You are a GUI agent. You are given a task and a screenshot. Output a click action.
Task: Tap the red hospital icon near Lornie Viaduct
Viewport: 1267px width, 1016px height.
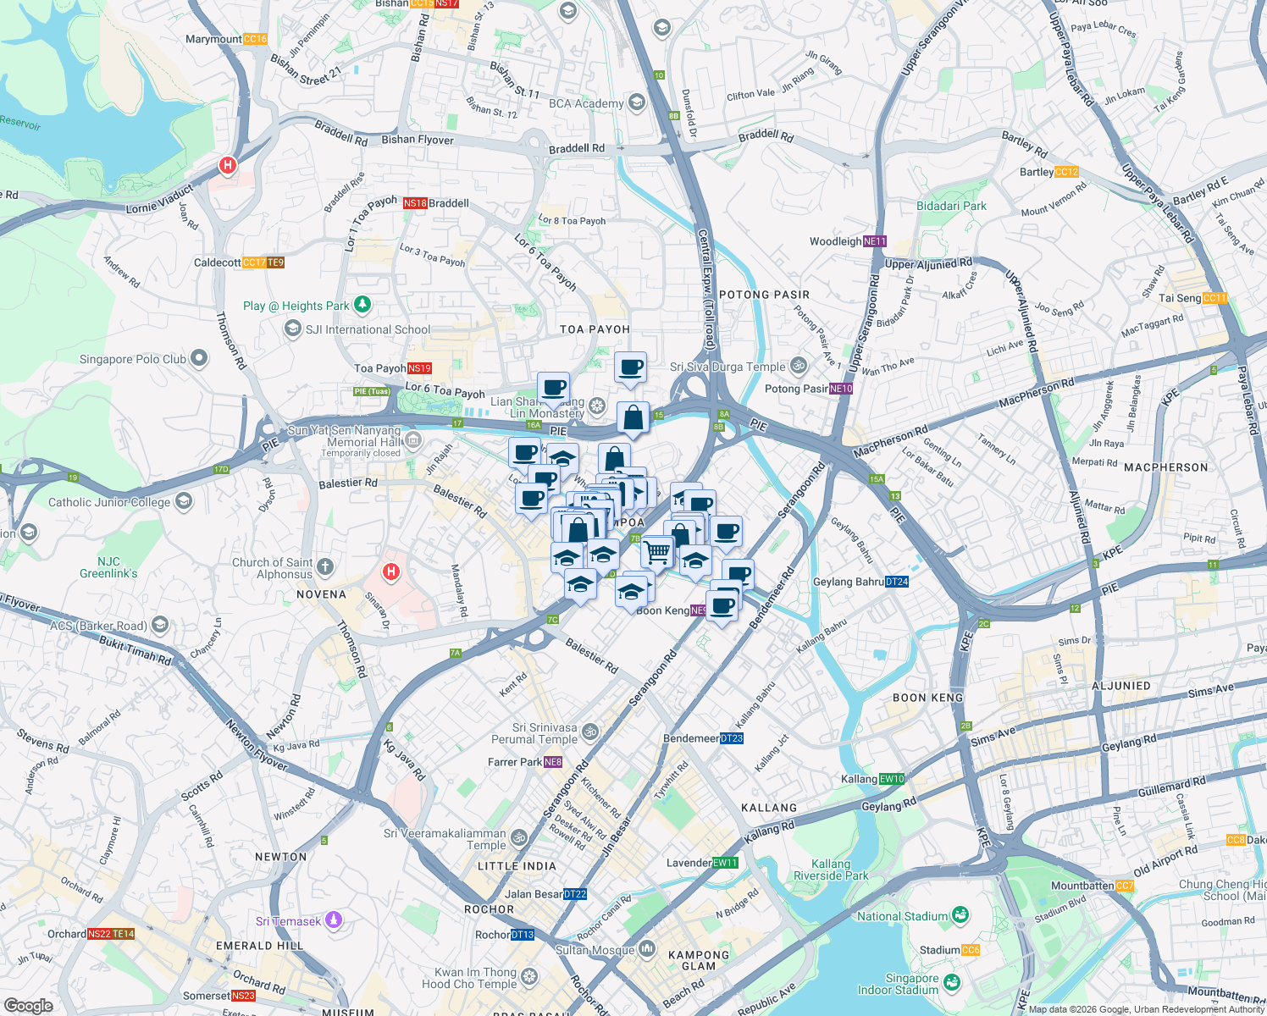point(227,165)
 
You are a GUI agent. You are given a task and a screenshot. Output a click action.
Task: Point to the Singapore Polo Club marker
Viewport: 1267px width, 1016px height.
point(199,358)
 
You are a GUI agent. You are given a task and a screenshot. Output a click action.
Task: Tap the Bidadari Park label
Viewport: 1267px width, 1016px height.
point(951,206)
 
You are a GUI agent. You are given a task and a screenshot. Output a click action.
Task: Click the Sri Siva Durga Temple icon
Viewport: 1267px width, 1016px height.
point(798,366)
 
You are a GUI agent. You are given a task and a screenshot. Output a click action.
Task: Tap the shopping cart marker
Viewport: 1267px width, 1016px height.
point(657,552)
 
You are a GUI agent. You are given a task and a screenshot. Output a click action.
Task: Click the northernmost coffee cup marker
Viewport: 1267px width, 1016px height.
point(630,367)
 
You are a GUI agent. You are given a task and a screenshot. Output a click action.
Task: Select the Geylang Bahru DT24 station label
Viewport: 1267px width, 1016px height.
point(860,582)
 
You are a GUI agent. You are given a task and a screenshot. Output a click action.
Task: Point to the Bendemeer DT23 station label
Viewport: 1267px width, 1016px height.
point(703,738)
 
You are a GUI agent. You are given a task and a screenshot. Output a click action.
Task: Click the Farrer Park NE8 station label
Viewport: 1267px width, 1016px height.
point(525,762)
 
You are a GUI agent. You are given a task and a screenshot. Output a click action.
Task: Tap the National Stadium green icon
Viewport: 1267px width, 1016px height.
point(960,915)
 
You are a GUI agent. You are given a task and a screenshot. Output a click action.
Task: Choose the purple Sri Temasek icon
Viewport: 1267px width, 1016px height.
point(334,920)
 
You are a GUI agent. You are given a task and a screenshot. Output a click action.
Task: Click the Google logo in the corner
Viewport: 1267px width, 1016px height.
point(28,1005)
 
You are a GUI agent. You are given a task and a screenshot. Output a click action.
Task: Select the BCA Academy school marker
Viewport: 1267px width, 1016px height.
point(637,102)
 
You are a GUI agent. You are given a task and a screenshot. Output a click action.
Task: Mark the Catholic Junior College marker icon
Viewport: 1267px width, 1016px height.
point(184,502)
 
